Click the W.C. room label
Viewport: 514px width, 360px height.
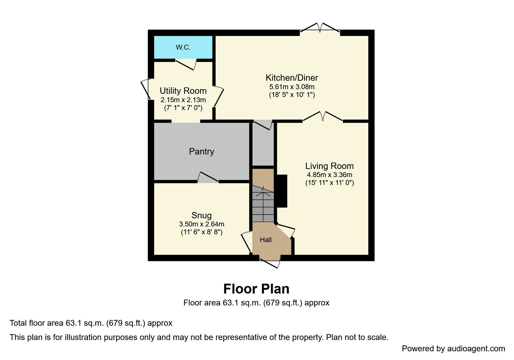pos(183,47)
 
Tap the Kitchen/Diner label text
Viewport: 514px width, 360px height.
pos(292,78)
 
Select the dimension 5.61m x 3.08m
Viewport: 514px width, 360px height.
pos(292,87)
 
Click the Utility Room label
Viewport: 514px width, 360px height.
pos(183,91)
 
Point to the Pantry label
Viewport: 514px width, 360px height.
pos(201,151)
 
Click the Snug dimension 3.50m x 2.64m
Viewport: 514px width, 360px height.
pos(201,224)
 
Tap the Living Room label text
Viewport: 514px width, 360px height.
pos(329,166)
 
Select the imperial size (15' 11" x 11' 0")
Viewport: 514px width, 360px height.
pos(329,183)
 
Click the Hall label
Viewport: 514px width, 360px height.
pos(266,240)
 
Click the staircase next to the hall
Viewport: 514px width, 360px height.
pos(263,205)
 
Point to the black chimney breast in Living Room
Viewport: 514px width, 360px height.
pos(281,191)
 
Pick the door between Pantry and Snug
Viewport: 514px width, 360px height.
pos(208,178)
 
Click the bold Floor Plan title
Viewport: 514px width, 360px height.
pos(256,289)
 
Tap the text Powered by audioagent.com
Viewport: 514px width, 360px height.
pos(453,348)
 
